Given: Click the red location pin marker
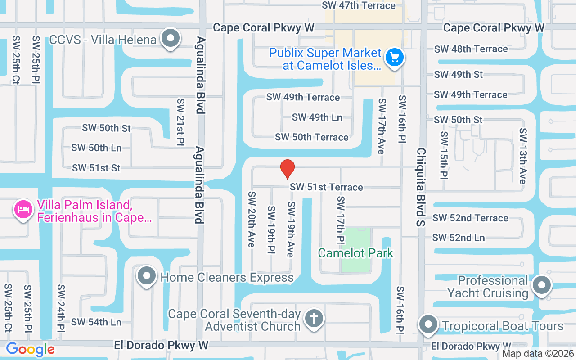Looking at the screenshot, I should coord(288,169).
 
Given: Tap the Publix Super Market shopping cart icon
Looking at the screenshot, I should coord(395,58).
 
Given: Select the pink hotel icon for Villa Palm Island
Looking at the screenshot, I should coord(23,209).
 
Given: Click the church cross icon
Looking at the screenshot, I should coord(314,319).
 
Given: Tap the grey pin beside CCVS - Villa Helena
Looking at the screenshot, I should coord(171,39).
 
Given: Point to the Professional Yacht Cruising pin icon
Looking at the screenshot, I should coord(542,286).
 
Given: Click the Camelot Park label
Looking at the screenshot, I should coord(355,253).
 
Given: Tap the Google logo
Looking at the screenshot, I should coord(30,349).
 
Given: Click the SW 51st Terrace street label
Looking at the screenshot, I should coord(326,187).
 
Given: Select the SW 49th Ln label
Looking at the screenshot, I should coord(317,117).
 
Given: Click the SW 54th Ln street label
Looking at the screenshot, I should coord(96,322).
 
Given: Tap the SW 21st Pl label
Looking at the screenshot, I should coord(181,122).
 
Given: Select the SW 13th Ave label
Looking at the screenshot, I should coord(522,156).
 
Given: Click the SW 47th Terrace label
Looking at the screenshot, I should coord(359,5).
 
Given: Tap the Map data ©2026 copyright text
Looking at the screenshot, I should coord(538,354).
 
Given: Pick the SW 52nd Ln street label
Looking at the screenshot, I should coord(459,238).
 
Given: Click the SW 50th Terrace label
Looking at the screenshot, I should coord(311,137).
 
